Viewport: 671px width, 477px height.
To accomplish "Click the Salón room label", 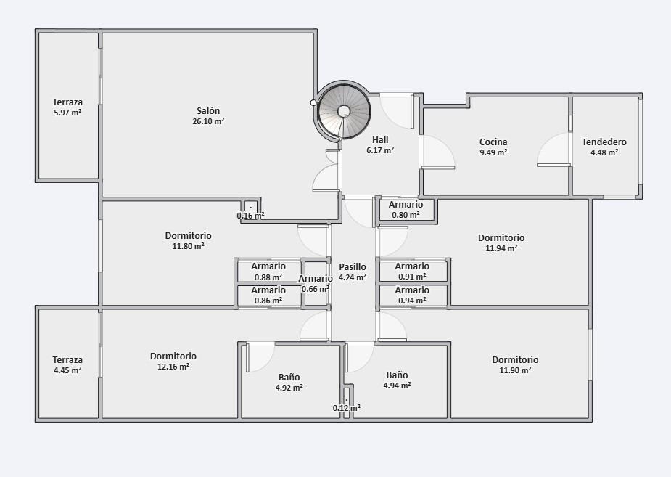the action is [x=208, y=110].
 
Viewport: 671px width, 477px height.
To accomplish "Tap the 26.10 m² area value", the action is [x=208, y=121].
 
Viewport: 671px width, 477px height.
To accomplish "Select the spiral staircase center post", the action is [x=344, y=111].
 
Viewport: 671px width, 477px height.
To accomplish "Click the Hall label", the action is [x=380, y=139].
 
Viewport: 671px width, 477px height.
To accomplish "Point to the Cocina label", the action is [x=493, y=142].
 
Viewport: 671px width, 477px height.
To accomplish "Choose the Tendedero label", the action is [x=604, y=142].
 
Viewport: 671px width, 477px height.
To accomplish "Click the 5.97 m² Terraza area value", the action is [x=67, y=113].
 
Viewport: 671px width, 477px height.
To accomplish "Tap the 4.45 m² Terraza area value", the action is [x=67, y=370].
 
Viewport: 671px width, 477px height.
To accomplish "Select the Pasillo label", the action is [x=353, y=266].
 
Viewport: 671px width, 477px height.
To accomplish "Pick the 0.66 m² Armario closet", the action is [x=316, y=283].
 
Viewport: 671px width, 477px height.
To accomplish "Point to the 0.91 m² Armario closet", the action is [x=413, y=271].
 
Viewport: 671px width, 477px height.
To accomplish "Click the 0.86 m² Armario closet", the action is [x=268, y=295].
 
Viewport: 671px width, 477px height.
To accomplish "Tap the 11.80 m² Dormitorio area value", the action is [x=189, y=246].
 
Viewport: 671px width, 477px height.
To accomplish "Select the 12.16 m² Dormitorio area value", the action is [x=173, y=367].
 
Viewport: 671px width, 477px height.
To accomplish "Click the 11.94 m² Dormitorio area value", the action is [x=501, y=248].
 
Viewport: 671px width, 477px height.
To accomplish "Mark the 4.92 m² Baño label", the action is [x=289, y=378].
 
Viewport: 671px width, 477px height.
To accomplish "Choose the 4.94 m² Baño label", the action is [x=397, y=375].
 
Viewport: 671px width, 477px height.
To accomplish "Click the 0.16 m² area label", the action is [x=251, y=216].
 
